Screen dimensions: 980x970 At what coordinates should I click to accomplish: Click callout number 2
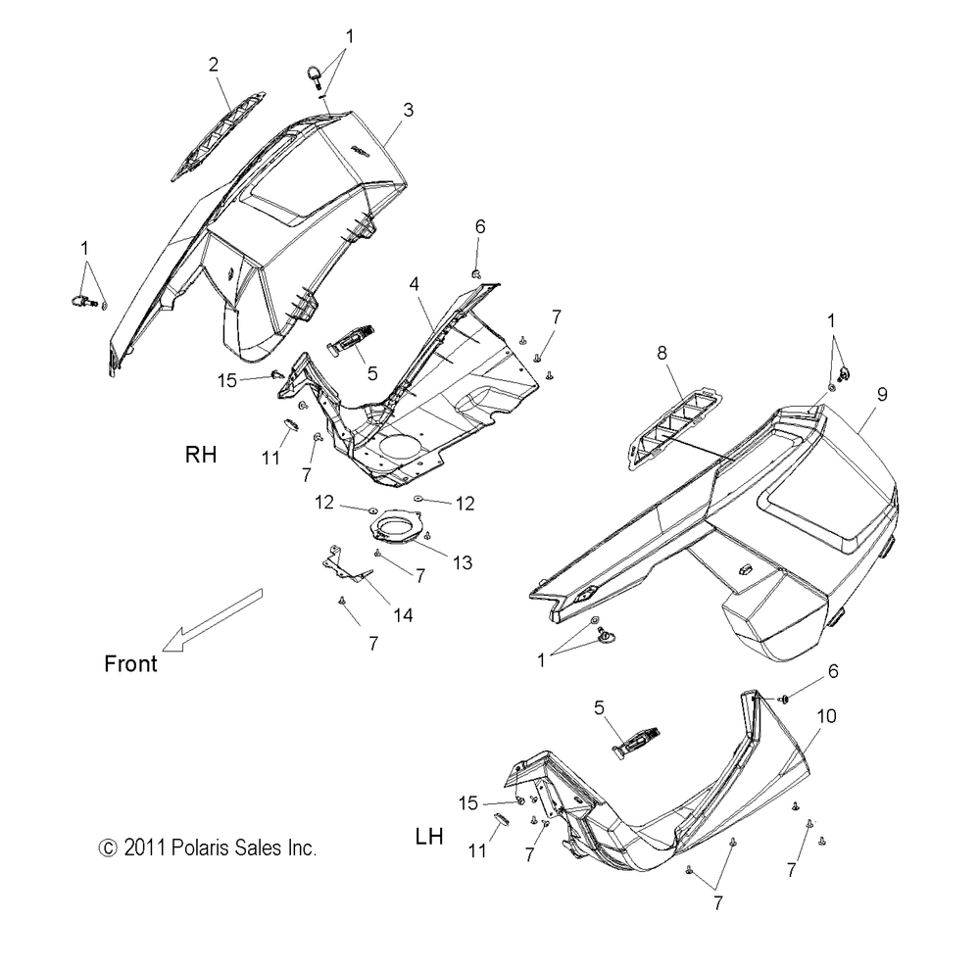click(x=214, y=65)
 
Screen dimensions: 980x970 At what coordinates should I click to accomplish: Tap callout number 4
click(x=416, y=283)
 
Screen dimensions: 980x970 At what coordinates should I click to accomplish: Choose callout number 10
click(x=826, y=716)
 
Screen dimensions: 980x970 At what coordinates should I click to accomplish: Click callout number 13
click(x=462, y=561)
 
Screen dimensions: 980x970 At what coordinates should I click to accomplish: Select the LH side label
click(x=429, y=837)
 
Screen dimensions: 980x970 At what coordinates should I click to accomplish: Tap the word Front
click(x=130, y=663)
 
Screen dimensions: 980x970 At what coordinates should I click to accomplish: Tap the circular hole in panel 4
click(x=400, y=454)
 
